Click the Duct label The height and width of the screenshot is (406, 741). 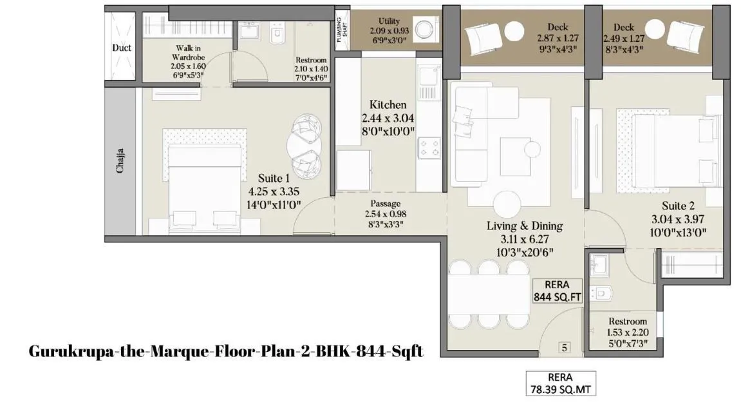tap(122, 48)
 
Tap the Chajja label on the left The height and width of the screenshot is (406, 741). tap(120, 161)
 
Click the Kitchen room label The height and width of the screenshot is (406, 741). tap(388, 104)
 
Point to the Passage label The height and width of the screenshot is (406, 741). tap(385, 204)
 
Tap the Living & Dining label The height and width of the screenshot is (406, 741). tap(525, 226)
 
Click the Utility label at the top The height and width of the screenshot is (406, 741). tap(389, 21)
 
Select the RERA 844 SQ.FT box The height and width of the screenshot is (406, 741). tap(557, 291)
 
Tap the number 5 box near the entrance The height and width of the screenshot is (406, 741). tap(564, 348)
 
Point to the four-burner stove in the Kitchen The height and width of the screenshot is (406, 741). tap(429, 148)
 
